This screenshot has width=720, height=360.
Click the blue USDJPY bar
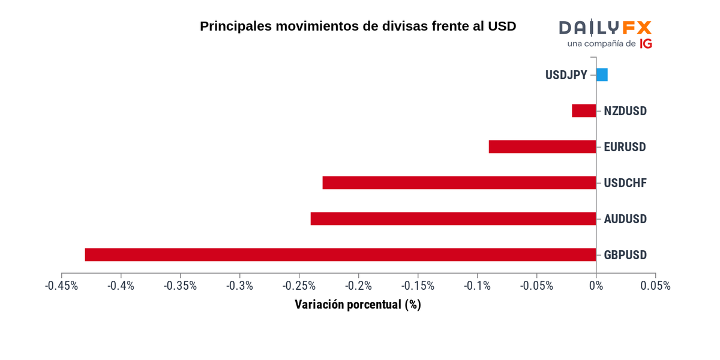coord(602,75)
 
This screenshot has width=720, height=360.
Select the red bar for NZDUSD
coord(584,111)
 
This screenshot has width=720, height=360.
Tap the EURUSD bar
coord(542,147)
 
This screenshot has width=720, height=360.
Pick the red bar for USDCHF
coord(459,183)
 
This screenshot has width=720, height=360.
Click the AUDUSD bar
coord(453,219)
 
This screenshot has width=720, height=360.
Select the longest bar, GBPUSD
coord(340,255)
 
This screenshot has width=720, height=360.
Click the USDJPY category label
coord(566,75)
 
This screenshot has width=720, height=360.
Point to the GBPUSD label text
coord(625,255)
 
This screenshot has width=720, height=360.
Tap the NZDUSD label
coord(625,111)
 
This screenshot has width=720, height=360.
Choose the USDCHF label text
coord(625,183)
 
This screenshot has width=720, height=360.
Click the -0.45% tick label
coord(61,286)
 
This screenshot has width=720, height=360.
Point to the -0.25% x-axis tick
coord(299,286)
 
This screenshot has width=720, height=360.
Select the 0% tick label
coord(596,286)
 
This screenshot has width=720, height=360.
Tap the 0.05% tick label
coord(655,286)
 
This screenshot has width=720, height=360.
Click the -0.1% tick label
coord(477,286)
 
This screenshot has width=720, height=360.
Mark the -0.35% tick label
coord(180,286)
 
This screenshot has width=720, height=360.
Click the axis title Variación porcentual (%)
coord(358,305)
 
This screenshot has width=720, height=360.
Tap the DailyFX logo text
coord(605,28)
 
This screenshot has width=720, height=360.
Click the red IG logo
coord(646,44)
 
